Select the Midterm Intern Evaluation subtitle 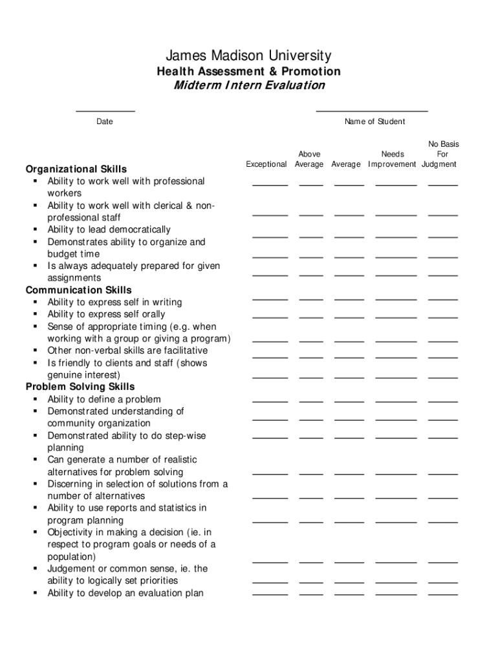click(x=248, y=85)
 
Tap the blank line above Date click(x=105, y=111)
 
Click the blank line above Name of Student click(x=372, y=111)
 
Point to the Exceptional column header click(x=266, y=164)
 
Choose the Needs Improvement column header click(x=393, y=159)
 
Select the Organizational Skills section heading click(x=76, y=169)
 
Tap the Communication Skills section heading click(x=78, y=290)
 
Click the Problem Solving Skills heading click(x=80, y=387)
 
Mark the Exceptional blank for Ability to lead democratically click(x=270, y=236)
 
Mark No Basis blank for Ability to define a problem click(x=443, y=401)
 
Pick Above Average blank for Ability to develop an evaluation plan click(x=311, y=593)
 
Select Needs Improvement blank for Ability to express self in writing click(x=396, y=299)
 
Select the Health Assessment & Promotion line click(x=248, y=71)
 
